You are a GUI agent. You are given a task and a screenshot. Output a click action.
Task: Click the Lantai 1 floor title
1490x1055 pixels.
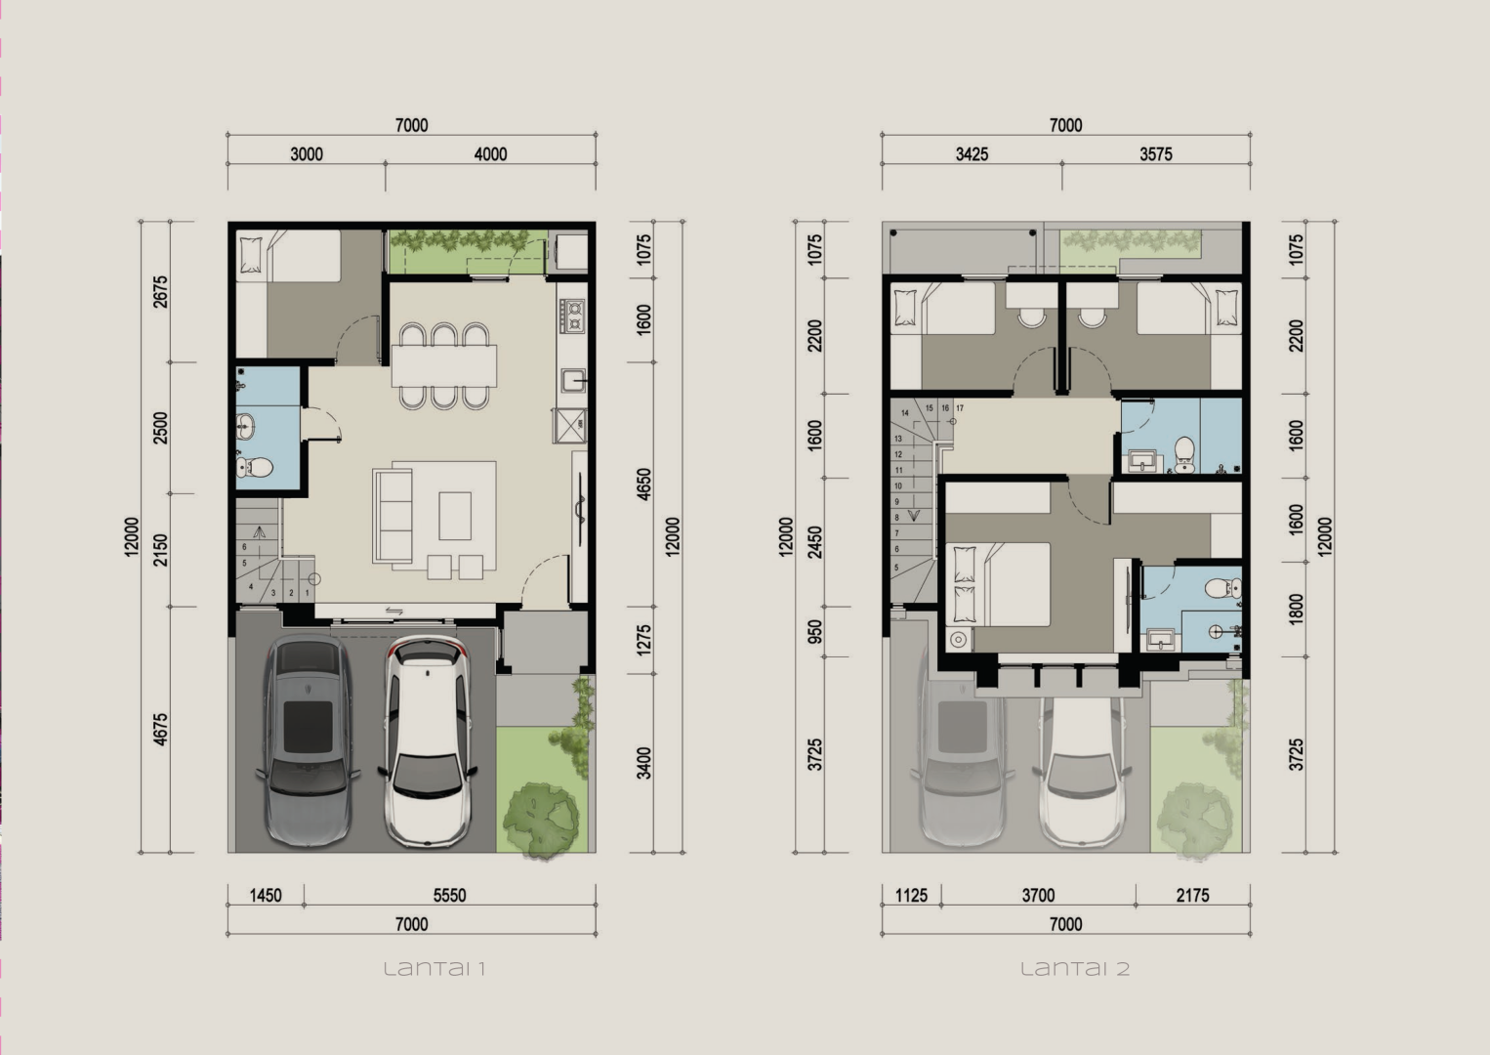click(435, 968)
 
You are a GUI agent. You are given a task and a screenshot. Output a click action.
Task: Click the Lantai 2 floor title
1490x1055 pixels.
click(1075, 968)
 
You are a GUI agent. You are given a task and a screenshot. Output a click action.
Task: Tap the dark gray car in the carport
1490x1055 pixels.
click(309, 740)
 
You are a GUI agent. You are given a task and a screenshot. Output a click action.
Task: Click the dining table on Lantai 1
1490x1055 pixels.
click(443, 365)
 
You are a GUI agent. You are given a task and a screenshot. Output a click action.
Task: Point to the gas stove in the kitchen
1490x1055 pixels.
click(572, 316)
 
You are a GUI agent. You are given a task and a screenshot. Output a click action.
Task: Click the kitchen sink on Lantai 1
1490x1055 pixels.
click(573, 381)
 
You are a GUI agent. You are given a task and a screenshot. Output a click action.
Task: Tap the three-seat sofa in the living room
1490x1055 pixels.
click(393, 516)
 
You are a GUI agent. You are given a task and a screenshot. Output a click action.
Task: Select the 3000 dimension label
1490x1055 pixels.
click(307, 154)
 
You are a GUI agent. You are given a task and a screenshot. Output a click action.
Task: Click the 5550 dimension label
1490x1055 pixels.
click(450, 895)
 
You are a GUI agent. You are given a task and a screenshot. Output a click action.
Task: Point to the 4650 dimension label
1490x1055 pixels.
click(643, 485)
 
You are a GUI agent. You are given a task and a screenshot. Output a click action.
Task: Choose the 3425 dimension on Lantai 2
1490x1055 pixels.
click(972, 154)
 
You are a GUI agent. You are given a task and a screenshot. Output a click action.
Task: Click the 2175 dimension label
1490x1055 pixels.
click(1192, 895)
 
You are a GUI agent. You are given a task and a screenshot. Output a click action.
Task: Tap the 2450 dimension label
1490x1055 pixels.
click(814, 542)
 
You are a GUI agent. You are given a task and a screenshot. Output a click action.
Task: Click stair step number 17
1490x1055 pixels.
click(960, 408)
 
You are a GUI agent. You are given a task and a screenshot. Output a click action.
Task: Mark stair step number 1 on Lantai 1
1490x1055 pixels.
click(308, 592)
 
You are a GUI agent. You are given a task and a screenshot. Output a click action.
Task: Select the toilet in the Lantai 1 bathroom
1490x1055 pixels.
click(254, 467)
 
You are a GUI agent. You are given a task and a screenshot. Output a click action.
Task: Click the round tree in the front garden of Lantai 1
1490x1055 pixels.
click(540, 819)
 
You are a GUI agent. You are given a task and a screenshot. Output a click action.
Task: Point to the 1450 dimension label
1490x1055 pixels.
click(266, 895)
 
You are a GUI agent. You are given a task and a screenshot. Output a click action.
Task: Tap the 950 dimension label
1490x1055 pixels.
click(814, 632)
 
